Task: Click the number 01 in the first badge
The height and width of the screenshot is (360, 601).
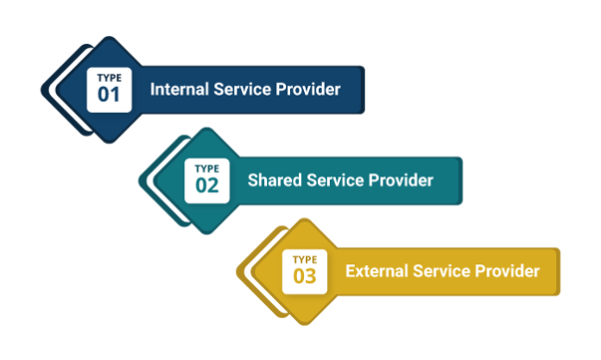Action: coord(109,94)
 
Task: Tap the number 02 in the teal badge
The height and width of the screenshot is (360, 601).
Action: coord(207,185)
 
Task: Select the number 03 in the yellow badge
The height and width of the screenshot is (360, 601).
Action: coord(305,276)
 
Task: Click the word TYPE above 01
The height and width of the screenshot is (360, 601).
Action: coord(109,78)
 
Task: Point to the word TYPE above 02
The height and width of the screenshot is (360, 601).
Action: coord(207,168)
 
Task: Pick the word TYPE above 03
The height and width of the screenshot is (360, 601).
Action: coord(305,260)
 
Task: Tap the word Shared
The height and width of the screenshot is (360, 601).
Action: coord(273,180)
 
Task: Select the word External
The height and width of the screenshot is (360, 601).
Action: coord(376,271)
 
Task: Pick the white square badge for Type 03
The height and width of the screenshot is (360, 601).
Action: coord(305,271)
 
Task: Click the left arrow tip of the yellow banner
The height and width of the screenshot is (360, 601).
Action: coord(239,271)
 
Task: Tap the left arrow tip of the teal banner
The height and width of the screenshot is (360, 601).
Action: coord(141,180)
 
